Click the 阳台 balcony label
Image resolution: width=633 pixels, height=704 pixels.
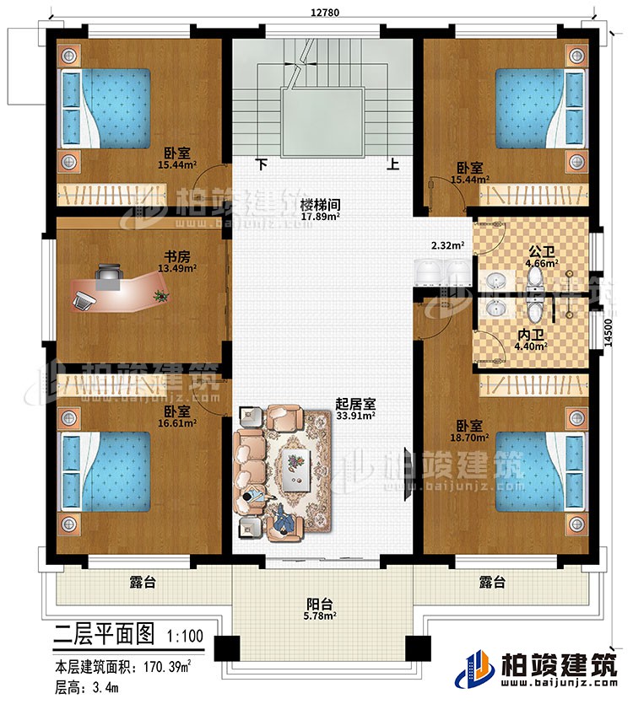pyautogui.click(x=318, y=604)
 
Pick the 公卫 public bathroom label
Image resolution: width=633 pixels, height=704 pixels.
pyautogui.click(x=541, y=250)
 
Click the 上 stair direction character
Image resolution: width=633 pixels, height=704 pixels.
pyautogui.click(x=392, y=166)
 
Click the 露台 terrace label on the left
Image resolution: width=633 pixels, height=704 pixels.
pyautogui.click(x=142, y=581)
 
